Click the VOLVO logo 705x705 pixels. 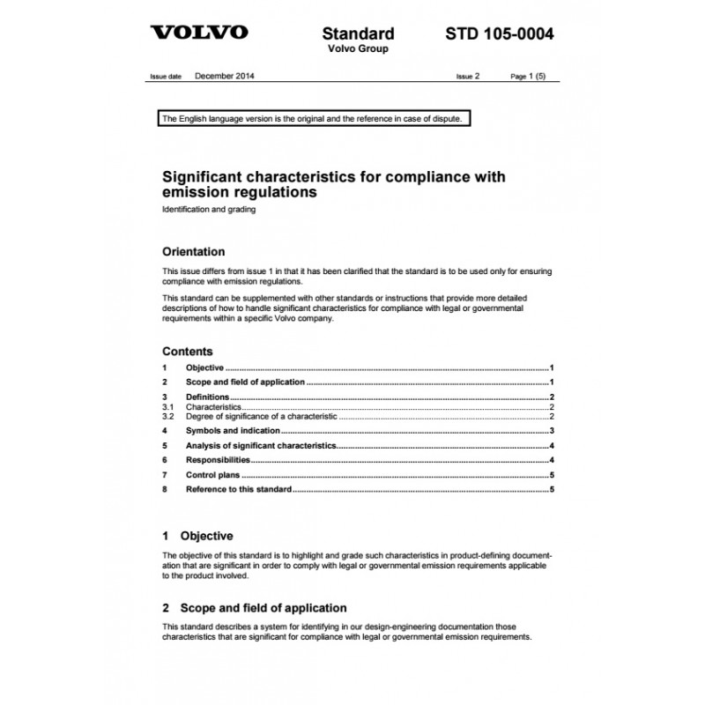tap(199, 33)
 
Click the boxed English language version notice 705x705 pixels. tap(310, 118)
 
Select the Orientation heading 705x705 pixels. tap(194, 251)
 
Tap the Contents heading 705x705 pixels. tap(187, 351)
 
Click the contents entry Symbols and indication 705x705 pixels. tap(233, 430)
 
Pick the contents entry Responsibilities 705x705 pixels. tap(218, 460)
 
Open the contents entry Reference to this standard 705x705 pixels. tap(238, 489)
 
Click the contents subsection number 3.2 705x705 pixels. tap(168, 415)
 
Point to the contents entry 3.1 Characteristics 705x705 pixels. tap(212, 407)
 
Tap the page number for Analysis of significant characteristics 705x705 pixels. tap(550, 446)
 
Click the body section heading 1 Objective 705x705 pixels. tap(198, 535)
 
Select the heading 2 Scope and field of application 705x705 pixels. tap(255, 608)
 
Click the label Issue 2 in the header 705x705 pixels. tap(468, 77)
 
